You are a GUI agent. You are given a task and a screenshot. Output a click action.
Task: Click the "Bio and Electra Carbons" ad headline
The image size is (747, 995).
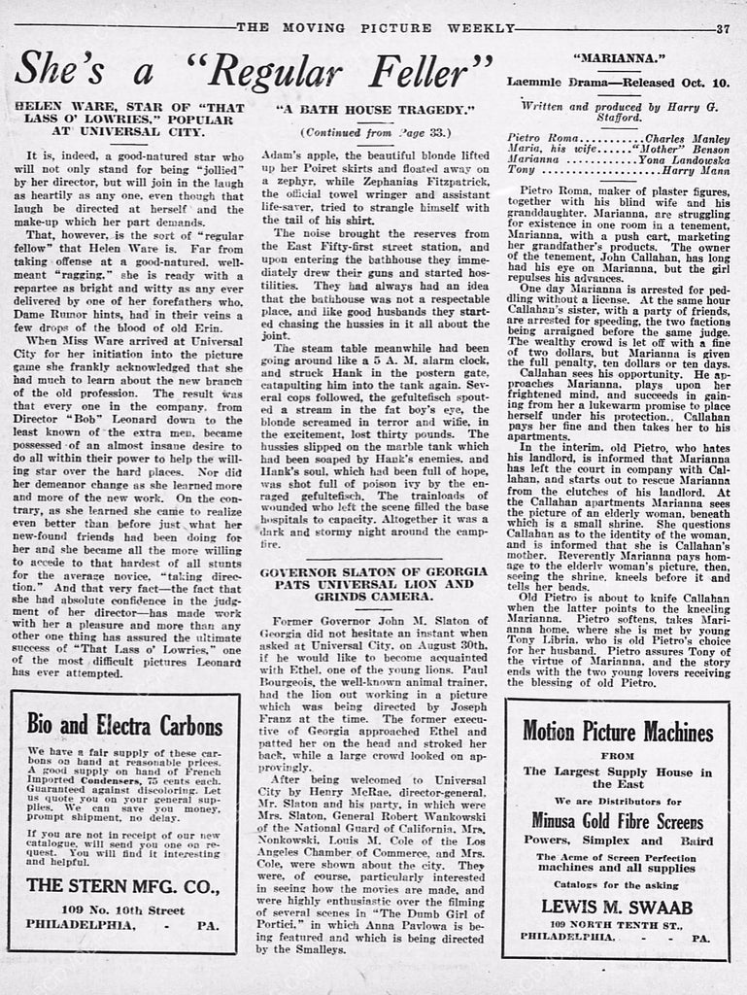[124, 724]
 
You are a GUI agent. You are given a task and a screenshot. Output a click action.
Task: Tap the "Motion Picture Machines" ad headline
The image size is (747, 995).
[617, 731]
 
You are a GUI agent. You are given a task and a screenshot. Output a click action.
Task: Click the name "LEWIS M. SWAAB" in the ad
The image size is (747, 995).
[616, 906]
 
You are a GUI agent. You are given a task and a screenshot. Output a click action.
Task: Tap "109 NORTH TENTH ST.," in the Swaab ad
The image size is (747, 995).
[616, 922]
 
